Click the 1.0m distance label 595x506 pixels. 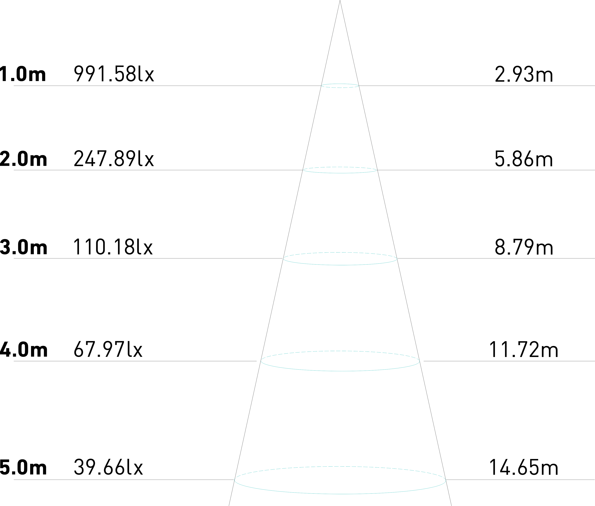click(x=23, y=74)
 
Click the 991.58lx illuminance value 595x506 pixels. click(x=114, y=74)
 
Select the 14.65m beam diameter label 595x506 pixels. click(x=523, y=468)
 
